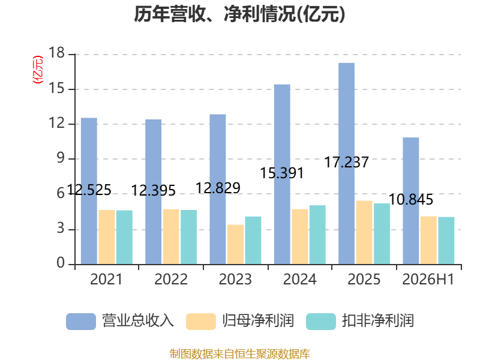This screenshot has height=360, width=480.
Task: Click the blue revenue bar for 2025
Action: pyautogui.click(x=347, y=163)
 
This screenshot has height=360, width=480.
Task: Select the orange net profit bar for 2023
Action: pyautogui.click(x=235, y=244)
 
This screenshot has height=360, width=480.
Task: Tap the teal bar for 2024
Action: pyautogui.click(x=317, y=235)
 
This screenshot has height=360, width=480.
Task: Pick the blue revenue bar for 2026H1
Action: pyautogui.click(x=411, y=201)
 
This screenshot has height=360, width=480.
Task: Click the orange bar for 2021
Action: pyautogui.click(x=107, y=237)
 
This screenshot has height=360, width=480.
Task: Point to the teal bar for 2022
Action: pyautogui.click(x=188, y=237)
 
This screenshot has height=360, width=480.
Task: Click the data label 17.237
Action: pyautogui.click(x=346, y=162)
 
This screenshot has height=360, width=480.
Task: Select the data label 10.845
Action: pyautogui.click(x=411, y=200)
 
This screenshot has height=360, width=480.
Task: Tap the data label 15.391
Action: pyautogui.click(x=281, y=173)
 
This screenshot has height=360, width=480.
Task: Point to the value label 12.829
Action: pyautogui.click(x=218, y=188)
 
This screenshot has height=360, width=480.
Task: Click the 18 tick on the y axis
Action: pyautogui.click(x=57, y=53)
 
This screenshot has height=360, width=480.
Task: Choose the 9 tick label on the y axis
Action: pyautogui.click(x=61, y=158)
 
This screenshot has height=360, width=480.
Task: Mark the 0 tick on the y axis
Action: pyautogui.click(x=61, y=263)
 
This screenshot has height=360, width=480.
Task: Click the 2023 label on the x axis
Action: pyautogui.click(x=235, y=279)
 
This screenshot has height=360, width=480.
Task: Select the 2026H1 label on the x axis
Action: pyautogui.click(x=428, y=279)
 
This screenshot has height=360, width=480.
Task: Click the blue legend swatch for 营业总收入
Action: pyautogui.click(x=81, y=322)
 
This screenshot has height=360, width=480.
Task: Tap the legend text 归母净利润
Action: pyautogui.click(x=258, y=321)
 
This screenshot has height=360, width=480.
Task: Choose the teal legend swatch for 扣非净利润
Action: pyautogui.click(x=321, y=322)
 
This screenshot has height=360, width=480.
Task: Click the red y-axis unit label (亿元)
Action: pyautogui.click(x=38, y=70)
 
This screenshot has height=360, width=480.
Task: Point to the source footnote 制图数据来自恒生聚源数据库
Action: pyautogui.click(x=240, y=354)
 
